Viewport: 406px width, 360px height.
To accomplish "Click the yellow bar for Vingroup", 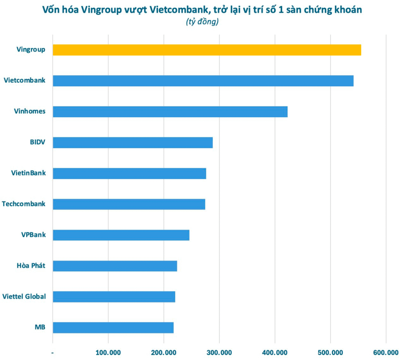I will click(207, 50).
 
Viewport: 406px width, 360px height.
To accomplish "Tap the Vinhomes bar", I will click(170, 112).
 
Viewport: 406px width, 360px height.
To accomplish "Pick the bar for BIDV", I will click(133, 143).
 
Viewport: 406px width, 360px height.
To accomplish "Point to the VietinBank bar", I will click(129, 173).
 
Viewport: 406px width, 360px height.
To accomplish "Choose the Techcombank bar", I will click(129, 204).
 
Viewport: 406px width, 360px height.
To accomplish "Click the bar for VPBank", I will click(121, 235).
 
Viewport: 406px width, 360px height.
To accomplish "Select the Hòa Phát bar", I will click(115, 266).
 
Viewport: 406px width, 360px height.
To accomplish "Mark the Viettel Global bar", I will click(114, 297).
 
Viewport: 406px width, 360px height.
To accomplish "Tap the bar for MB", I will click(113, 328).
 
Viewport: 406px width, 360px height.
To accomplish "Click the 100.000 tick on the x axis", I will click(108, 352).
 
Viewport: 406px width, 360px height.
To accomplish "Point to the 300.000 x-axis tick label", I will click(219, 352).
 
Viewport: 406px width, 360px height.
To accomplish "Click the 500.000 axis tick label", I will click(330, 352).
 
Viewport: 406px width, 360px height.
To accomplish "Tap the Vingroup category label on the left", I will click(31, 50).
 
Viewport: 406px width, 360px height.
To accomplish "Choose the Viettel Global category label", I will click(24, 296).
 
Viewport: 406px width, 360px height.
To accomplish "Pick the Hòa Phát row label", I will click(28, 265).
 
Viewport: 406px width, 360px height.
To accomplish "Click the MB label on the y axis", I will click(40, 328).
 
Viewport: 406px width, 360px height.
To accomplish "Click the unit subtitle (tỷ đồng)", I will click(202, 22).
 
